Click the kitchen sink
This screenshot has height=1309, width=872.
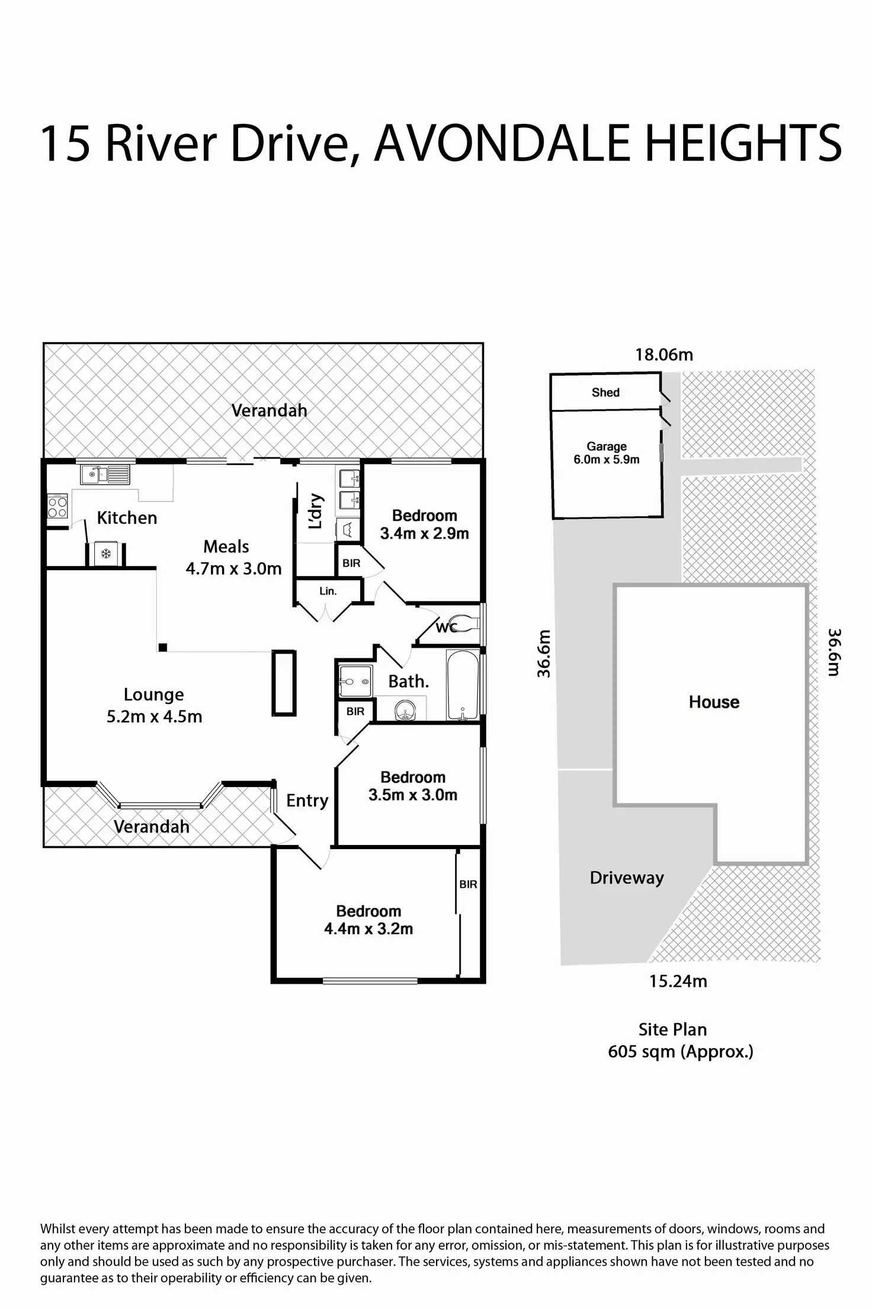point(105,474)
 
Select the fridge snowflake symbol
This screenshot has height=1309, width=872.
point(106,555)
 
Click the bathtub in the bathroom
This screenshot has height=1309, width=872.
point(463,685)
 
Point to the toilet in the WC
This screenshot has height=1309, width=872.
point(465,624)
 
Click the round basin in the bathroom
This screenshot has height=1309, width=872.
point(405,709)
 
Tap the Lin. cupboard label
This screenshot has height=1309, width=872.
point(328,591)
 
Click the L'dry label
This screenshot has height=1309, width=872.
point(316,511)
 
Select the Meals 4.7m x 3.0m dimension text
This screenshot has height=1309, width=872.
point(233,569)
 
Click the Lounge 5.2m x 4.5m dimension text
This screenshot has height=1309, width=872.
point(154,716)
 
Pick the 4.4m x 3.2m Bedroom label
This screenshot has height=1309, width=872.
point(368,920)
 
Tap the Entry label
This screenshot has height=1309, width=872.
point(307,801)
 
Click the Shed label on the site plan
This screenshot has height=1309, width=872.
point(605,392)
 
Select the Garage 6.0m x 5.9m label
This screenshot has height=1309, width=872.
point(607,453)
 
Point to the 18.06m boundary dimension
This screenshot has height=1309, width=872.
point(664,355)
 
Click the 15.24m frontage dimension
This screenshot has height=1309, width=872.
point(678,981)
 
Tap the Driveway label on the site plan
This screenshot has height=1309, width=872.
point(627,878)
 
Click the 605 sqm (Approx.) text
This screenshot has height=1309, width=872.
point(680,1052)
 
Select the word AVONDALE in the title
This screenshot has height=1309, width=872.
point(501,144)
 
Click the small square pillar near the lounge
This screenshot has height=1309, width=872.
point(162,648)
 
